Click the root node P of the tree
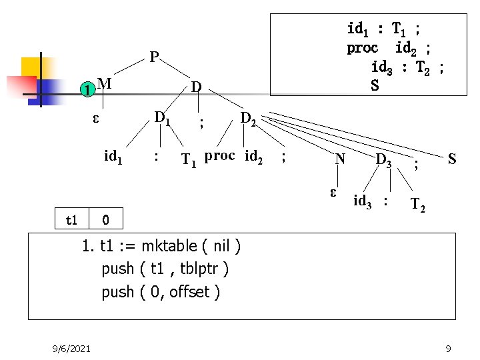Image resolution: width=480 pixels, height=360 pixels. (x=154, y=57)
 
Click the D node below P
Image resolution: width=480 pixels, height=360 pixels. (x=195, y=87)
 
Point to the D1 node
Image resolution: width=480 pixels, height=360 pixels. (x=162, y=118)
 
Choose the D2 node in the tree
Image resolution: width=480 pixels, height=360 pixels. (x=248, y=119)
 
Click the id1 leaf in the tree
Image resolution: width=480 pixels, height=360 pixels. (x=114, y=157)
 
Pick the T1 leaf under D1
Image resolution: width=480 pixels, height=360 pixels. (x=189, y=160)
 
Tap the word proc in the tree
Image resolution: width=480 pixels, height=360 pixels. (x=219, y=156)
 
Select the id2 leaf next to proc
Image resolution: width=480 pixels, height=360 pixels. (x=254, y=158)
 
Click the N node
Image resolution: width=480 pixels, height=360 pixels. (x=340, y=159)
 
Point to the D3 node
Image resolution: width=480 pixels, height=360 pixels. (x=384, y=160)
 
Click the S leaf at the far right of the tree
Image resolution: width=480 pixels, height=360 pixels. (x=452, y=159)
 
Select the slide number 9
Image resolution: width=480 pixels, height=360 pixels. (x=449, y=348)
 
